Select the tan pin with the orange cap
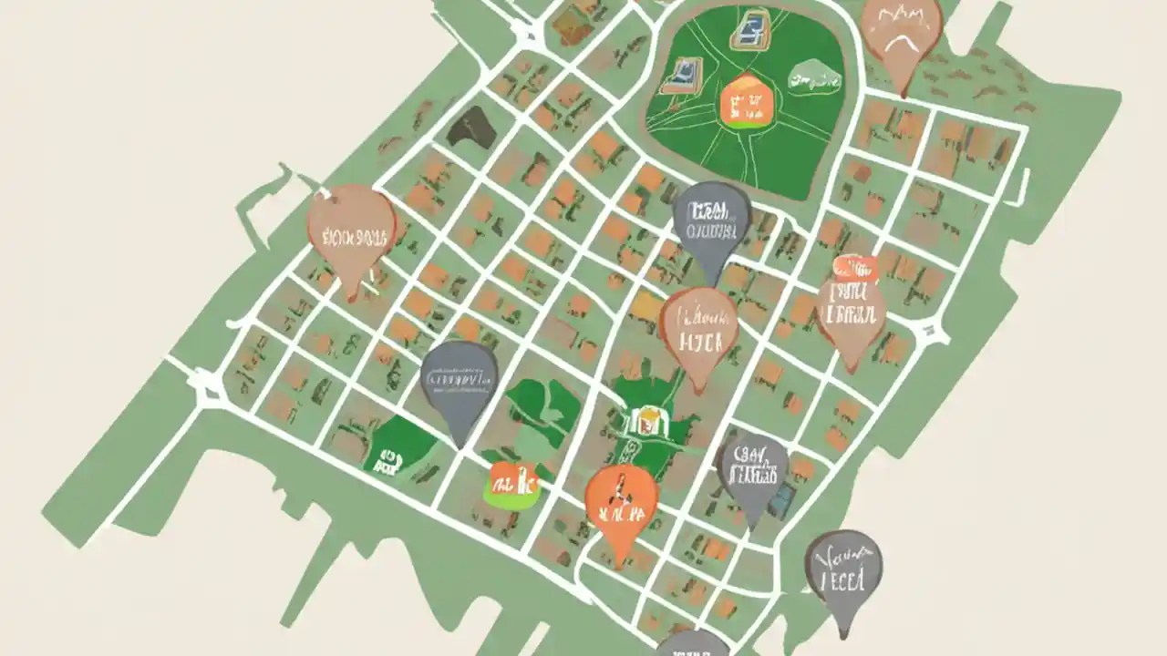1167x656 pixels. click(x=852, y=310)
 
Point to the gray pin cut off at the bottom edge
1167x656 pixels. click(x=691, y=643)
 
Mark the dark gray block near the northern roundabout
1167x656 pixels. click(x=472, y=128)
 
